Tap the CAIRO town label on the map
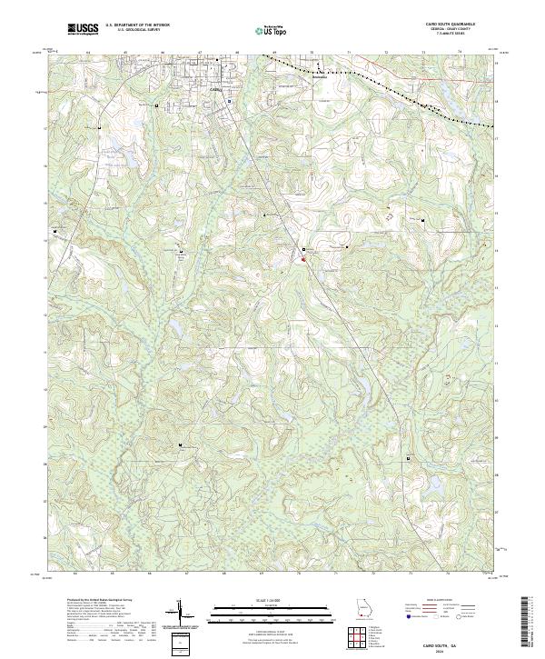215,90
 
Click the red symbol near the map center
302,263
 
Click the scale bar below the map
264,611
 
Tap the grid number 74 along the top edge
460,53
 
